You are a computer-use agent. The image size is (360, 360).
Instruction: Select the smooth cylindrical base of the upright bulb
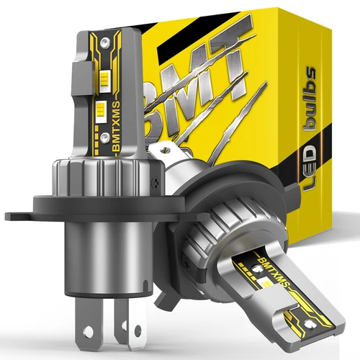(112, 248)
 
